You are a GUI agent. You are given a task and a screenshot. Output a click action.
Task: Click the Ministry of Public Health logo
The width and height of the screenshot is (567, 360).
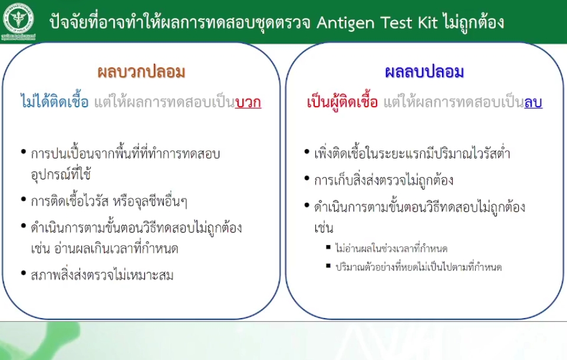coord(18,21)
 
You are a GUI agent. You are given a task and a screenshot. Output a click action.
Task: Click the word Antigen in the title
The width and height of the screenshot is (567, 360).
coord(345,24)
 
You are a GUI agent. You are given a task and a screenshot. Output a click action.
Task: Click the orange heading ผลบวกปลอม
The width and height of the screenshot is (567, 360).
coord(141,71)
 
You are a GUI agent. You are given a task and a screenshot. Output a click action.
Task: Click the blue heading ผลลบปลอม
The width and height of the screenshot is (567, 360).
coord(424,71)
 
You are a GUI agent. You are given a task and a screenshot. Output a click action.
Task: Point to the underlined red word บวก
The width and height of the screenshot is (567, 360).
coord(248,103)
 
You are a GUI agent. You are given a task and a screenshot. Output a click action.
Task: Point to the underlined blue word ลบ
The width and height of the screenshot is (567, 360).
coord(533,103)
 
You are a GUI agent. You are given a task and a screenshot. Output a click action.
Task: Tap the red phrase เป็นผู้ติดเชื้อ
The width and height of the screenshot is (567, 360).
coord(342,101)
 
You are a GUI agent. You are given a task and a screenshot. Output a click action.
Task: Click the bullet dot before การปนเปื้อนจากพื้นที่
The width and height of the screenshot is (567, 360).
coord(24,152)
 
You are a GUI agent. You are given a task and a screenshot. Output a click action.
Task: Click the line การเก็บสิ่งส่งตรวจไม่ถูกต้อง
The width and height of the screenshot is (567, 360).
coord(384,179)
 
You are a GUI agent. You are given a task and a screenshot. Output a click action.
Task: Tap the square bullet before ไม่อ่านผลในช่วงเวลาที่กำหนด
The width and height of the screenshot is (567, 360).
coord(328,247)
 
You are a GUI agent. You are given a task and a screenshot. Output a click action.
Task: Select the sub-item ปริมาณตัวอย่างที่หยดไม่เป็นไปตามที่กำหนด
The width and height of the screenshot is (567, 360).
coord(418,267)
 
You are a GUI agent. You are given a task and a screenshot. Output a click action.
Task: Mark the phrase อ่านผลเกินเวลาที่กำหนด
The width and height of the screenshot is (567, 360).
coord(116,248)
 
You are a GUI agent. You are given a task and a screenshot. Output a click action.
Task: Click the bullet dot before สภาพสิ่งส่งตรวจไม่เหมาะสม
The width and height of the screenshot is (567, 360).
coord(24,273)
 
